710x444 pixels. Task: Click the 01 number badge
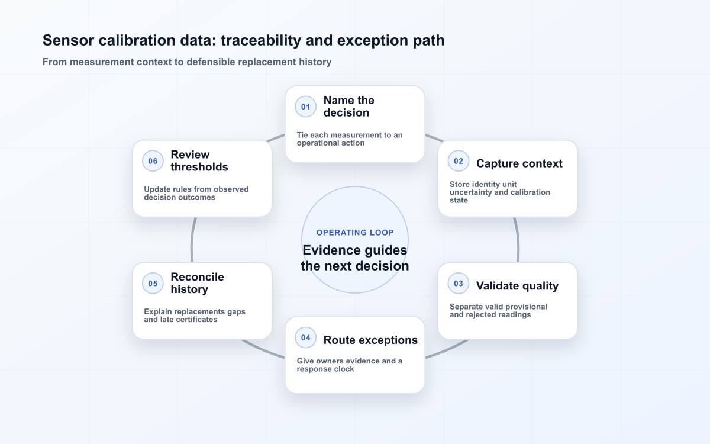tap(305, 107)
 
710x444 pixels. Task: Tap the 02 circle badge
tap(459, 161)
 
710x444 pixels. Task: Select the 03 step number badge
tap(459, 283)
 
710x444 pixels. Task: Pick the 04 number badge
tap(305, 337)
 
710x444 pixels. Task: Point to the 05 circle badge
tap(153, 283)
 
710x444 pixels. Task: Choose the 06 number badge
tap(153, 161)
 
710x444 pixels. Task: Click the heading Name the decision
tap(348, 107)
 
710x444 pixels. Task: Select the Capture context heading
tap(519, 163)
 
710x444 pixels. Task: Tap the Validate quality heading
tap(517, 286)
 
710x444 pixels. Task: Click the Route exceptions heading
tap(370, 340)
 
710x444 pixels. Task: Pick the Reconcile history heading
tap(197, 283)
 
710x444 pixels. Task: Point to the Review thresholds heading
tap(199, 161)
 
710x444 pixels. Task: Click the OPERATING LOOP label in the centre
tap(355, 233)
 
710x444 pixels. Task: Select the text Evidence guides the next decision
tap(355, 258)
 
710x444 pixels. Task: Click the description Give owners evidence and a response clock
tap(350, 365)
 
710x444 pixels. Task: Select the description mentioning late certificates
tap(195, 316)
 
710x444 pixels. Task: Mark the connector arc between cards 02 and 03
tap(517, 240)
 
